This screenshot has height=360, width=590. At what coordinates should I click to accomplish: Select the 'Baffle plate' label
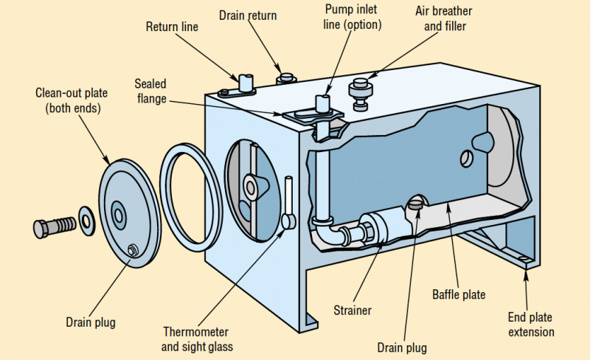tap(459, 295)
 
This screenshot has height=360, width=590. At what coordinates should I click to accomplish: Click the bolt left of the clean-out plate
tap(53, 224)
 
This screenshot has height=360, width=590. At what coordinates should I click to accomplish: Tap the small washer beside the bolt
tap(86, 220)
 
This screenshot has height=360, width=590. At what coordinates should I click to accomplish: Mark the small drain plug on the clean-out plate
tap(132, 249)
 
